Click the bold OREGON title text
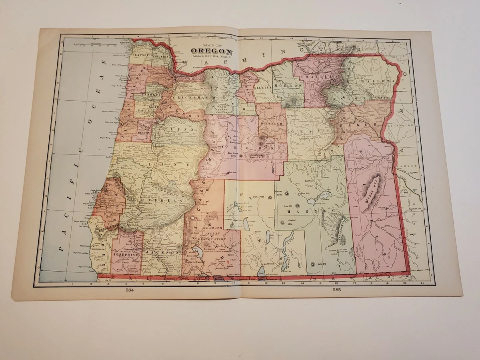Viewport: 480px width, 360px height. (x=212, y=51)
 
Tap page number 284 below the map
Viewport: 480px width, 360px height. (x=129, y=290)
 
